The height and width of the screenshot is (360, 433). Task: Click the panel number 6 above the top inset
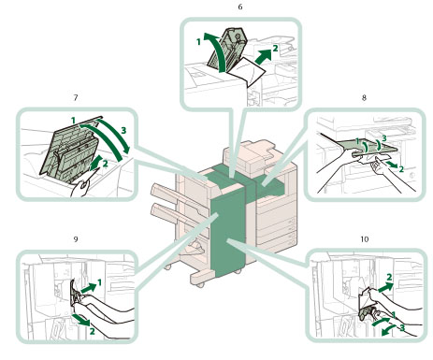(x=240, y=7)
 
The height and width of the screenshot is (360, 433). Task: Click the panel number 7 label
(x=76, y=98)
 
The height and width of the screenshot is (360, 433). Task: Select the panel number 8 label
(x=364, y=98)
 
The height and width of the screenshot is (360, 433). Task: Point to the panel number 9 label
(x=76, y=239)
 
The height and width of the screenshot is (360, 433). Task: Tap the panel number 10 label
(x=365, y=239)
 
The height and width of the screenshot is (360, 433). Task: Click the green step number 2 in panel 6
(x=275, y=49)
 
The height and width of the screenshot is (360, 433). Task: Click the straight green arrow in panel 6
(x=263, y=56)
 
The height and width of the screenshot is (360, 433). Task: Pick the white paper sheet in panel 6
(x=247, y=71)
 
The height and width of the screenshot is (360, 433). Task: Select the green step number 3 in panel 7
(x=123, y=130)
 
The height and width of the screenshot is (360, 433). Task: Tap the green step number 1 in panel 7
(x=73, y=121)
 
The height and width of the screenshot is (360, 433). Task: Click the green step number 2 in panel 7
(x=105, y=164)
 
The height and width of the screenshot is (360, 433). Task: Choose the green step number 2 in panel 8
(x=401, y=169)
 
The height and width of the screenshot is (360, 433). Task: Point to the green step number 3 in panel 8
(x=384, y=138)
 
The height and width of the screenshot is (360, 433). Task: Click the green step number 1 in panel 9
(x=99, y=282)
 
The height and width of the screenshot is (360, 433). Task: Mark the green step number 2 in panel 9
(x=92, y=331)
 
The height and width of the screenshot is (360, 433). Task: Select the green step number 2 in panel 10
(x=389, y=277)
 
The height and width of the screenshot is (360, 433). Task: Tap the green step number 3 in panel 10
(x=402, y=328)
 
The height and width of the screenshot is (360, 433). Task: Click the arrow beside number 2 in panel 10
(x=386, y=287)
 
